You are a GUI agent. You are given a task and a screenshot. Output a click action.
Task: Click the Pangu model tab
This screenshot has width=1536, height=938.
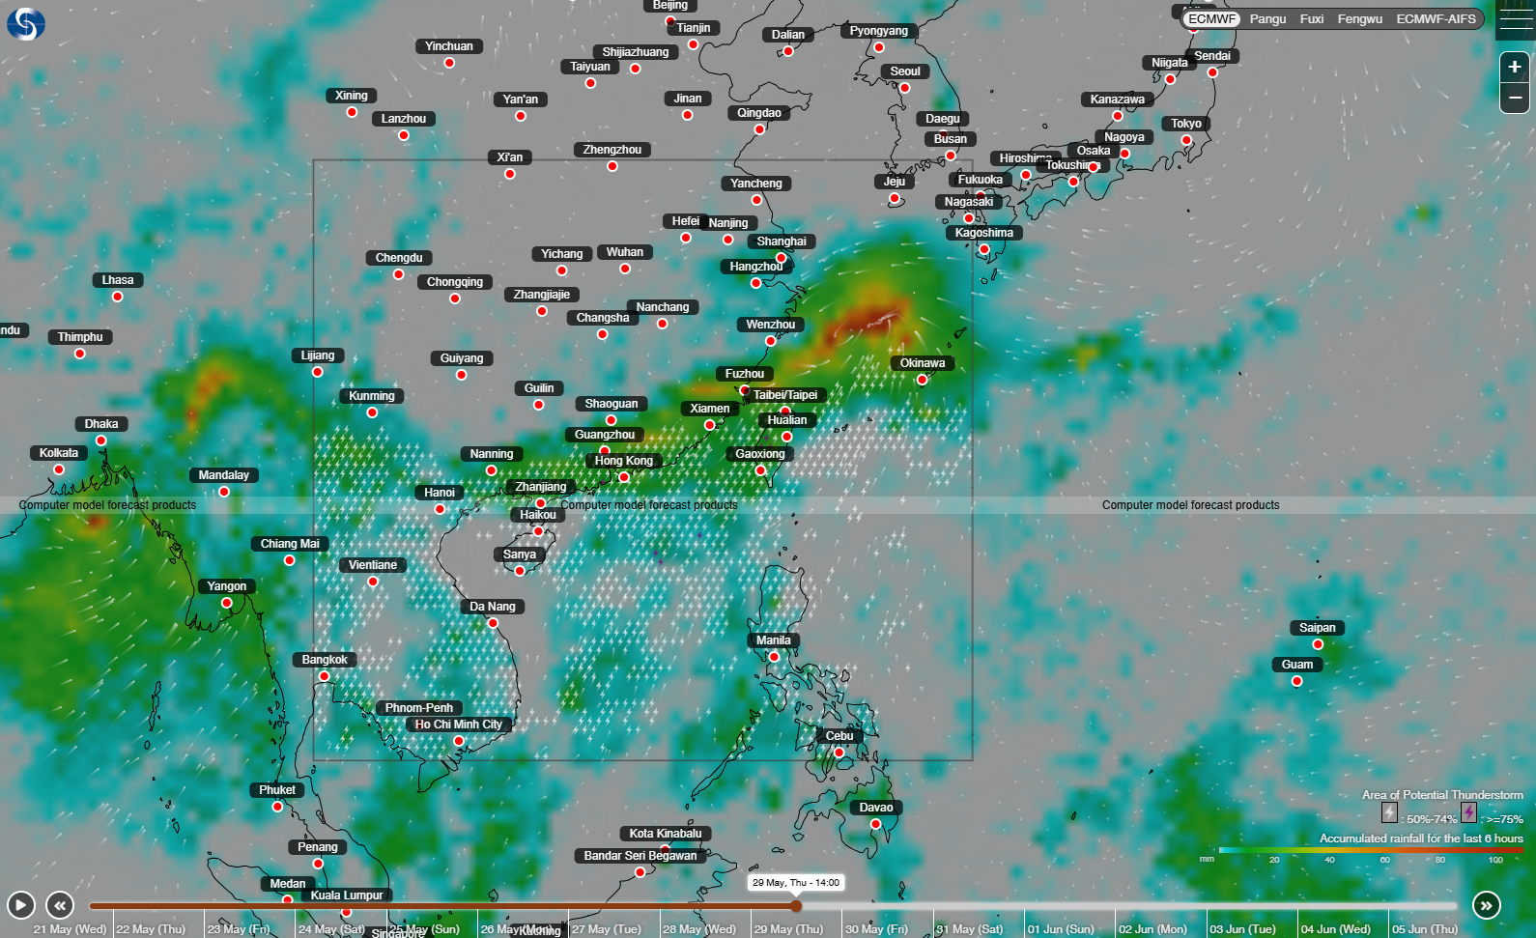pos(1267,19)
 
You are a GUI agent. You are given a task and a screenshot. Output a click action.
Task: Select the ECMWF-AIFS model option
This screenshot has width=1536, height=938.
pos(1436,19)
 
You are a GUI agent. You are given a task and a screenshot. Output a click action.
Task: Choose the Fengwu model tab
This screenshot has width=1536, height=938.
pos(1359,19)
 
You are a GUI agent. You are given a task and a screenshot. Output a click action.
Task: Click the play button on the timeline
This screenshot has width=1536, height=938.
pos(20,905)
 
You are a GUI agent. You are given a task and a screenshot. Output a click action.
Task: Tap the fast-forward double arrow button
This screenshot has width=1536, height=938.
pos(1486,905)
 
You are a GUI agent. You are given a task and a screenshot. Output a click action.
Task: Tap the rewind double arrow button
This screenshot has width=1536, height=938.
pos(60,905)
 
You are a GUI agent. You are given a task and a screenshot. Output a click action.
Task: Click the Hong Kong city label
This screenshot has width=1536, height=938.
pos(623,461)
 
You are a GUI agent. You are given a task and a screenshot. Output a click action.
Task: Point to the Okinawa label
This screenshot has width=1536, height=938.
pos(923,363)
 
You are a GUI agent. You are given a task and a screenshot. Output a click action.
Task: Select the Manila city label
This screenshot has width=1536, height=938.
pos(773,640)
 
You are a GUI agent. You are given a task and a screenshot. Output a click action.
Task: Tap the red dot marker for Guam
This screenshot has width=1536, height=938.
pos(1297,681)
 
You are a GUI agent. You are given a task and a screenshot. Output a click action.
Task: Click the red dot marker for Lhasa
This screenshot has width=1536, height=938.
pos(117,297)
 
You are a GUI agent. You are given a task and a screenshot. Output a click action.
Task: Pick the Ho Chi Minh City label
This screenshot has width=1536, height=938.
pos(458,725)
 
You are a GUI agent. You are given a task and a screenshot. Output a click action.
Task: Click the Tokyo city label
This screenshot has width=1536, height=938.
pos(1186,124)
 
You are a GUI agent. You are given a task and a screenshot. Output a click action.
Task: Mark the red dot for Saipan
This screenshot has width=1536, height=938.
pos(1318,644)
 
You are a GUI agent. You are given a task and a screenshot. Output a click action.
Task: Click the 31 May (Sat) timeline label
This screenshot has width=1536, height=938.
pos(969,929)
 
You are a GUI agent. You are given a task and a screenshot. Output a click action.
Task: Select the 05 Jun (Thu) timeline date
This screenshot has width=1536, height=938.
pos(1425,929)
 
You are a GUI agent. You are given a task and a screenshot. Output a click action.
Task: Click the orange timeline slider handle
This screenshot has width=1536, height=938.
pos(796,906)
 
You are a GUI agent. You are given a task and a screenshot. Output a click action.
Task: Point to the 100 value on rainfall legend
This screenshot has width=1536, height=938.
pos(1495,860)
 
